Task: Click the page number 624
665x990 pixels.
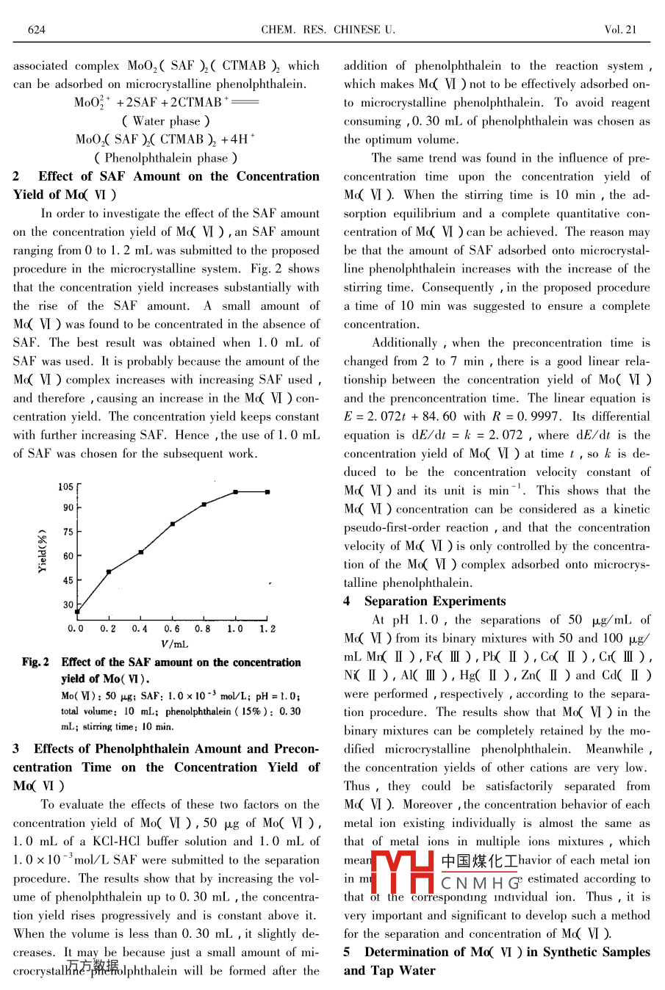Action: (36, 30)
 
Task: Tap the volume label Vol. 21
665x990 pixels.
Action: (620, 30)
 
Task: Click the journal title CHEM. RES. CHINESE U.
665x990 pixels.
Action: (328, 30)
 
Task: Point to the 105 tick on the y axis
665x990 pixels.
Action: (66, 487)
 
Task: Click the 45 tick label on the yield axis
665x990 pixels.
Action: (68, 580)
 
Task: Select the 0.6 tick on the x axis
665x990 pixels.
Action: (172, 629)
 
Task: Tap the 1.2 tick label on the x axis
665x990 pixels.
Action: (267, 629)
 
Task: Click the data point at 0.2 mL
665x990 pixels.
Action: (109, 571)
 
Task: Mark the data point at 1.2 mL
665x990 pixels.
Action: (267, 492)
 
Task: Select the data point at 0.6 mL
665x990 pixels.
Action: (173, 524)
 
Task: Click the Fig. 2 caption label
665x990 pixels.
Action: (35, 662)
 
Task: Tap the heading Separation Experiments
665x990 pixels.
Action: (435, 601)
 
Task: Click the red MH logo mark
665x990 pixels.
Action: (403, 871)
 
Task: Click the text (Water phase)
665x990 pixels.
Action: (166, 121)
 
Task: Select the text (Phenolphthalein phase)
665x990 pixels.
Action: (166, 158)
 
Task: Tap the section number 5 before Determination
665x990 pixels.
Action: (348, 952)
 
